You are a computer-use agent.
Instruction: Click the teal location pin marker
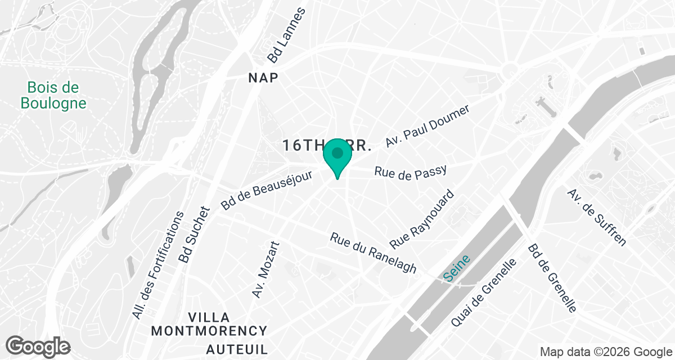(337, 156)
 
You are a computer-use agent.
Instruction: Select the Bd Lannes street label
(286, 35)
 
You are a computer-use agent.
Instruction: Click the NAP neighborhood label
(263, 78)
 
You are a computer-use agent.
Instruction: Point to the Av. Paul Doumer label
(427, 126)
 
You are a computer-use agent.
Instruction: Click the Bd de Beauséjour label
(255, 191)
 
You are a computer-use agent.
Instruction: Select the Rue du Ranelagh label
(373, 254)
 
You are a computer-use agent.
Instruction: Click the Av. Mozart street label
(265, 270)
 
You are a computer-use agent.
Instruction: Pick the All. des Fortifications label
(158, 265)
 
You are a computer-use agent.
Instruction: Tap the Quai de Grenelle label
(483, 292)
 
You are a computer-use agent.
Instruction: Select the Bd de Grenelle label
(552, 278)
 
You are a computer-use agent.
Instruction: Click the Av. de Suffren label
(596, 217)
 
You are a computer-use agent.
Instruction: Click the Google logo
(38, 346)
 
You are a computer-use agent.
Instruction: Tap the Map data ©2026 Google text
(605, 352)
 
